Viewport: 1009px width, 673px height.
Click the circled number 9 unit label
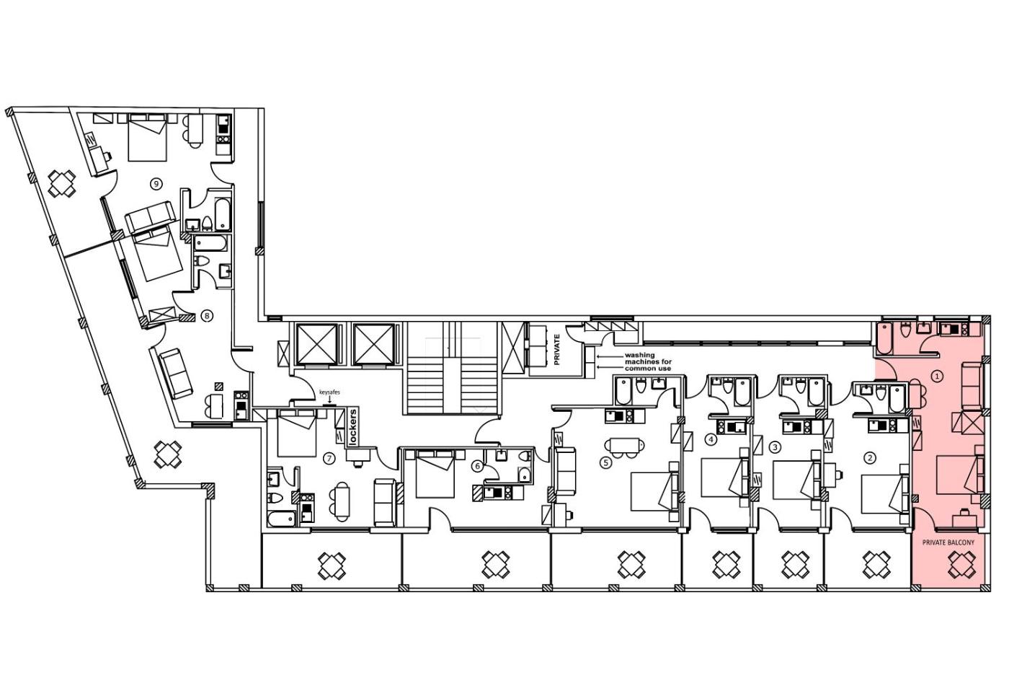[156, 184]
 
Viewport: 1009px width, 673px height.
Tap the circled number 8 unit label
[207, 316]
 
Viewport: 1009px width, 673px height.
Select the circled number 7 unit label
[330, 459]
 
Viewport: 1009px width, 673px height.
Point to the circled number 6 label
[478, 466]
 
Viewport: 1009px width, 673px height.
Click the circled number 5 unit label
[606, 462]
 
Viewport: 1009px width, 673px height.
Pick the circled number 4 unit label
[711, 439]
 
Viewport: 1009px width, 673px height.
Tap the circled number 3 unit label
[775, 447]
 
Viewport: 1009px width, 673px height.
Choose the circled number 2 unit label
[870, 458]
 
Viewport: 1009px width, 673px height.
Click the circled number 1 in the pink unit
[937, 376]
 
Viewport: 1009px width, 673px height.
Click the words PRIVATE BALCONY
[948, 542]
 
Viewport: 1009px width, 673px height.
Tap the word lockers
[353, 426]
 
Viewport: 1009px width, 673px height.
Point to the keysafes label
[329, 392]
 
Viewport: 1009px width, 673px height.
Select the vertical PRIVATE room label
[556, 349]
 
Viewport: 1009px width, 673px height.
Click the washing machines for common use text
[648, 362]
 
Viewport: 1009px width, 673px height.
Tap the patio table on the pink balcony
[961, 566]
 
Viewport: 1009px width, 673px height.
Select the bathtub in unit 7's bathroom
[281, 519]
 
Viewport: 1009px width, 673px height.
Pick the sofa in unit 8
[176, 373]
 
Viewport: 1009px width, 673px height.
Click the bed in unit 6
[434, 474]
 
